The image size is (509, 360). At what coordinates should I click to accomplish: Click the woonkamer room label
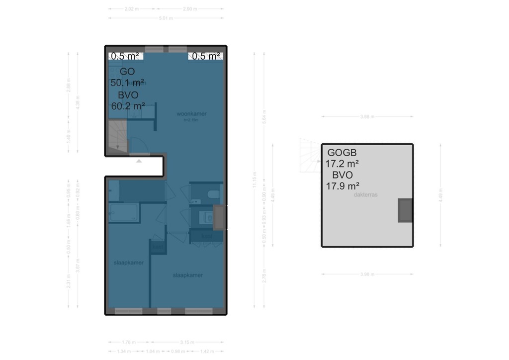coord(191,114)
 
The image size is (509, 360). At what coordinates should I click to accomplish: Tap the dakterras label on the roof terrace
coord(365,195)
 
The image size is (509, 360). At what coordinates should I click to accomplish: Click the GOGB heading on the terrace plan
coord(342,153)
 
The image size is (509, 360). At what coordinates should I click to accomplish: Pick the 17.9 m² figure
coord(342,186)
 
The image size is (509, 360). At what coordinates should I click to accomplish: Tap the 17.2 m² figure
coord(342,164)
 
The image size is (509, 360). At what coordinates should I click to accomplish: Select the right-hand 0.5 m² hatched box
coord(205,56)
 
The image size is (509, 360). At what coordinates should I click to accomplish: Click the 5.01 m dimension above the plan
coord(166,18)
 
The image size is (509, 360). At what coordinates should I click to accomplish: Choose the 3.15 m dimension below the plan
coord(187,342)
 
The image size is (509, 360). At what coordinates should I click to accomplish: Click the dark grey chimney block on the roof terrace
coord(405,210)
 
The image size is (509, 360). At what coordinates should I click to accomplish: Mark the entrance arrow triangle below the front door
coord(139,161)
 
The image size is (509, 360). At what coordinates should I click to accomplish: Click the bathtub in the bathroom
coord(124,213)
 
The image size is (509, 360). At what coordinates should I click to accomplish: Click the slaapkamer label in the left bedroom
coord(128,263)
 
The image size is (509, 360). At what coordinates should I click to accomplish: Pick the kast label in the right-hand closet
coord(206,237)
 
